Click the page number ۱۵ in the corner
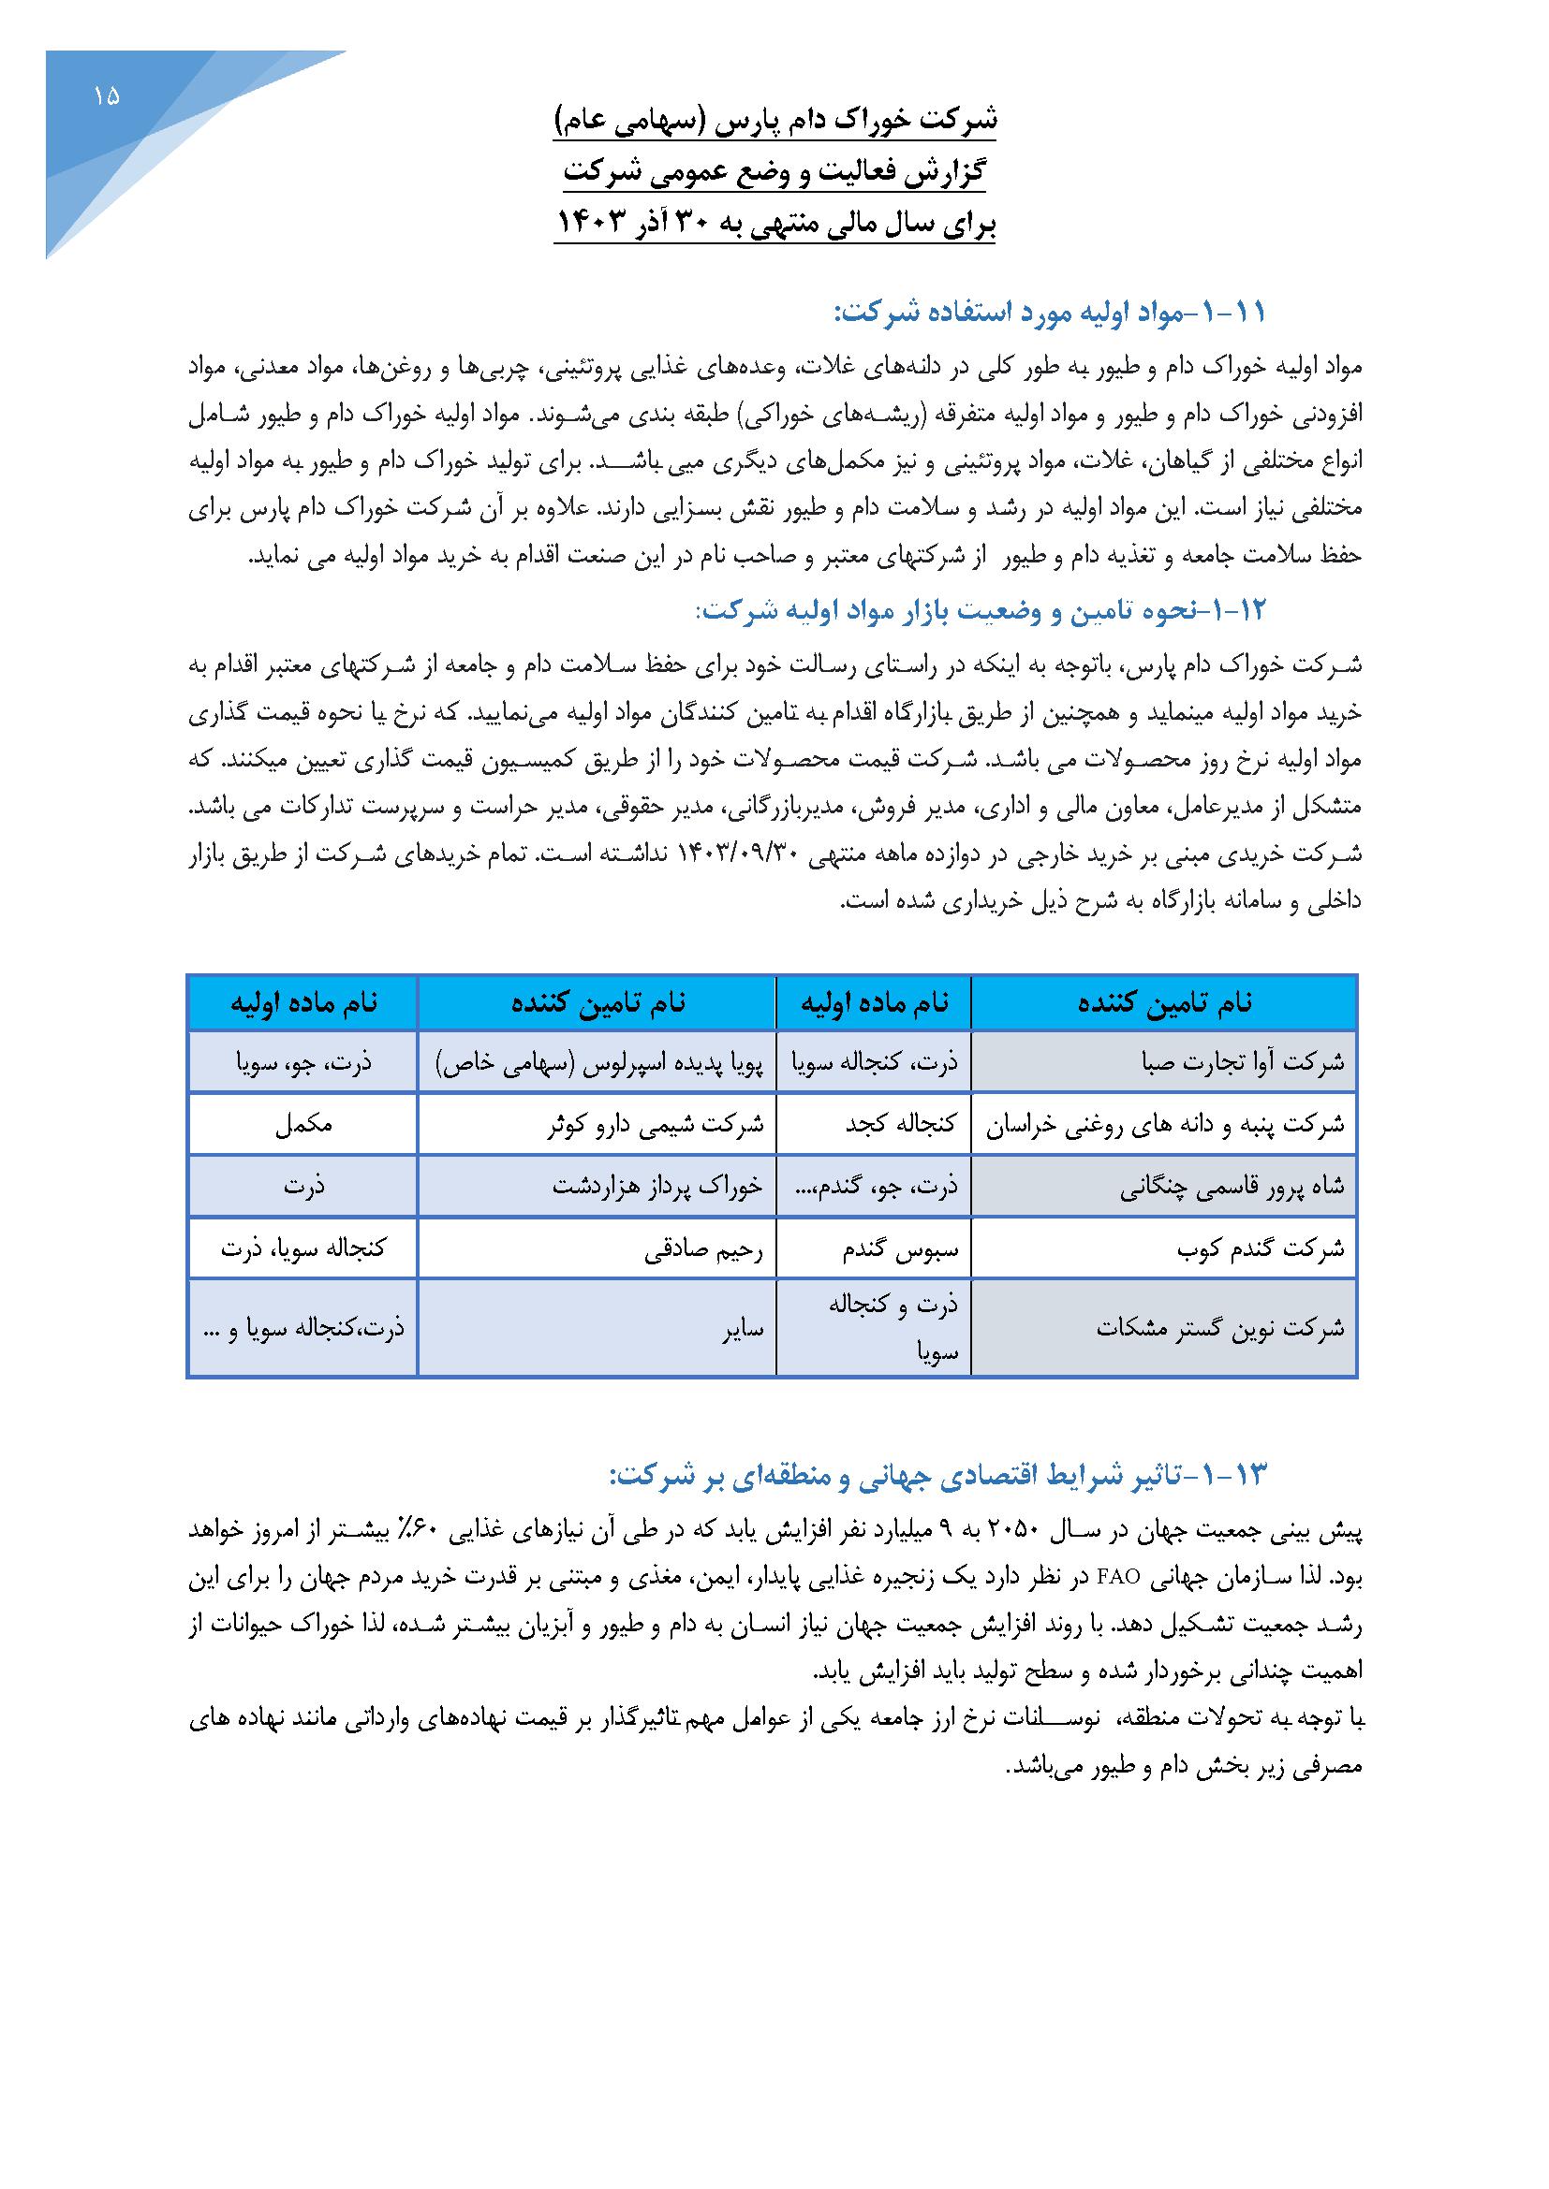tap(107, 95)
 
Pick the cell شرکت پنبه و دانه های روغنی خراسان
tap(1163, 1124)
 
